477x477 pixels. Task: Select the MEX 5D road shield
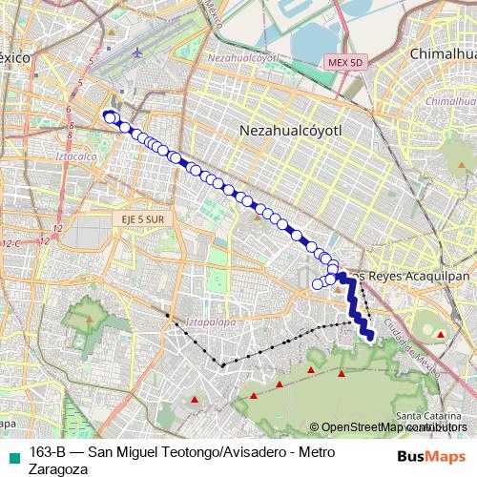(x=345, y=62)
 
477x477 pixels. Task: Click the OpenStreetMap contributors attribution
(x=391, y=427)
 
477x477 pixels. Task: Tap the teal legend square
(x=12, y=454)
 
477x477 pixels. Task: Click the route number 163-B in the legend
(x=47, y=453)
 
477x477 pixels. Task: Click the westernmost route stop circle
(x=108, y=117)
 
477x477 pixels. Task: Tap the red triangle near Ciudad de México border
(x=440, y=334)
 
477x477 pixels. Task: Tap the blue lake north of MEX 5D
(x=315, y=38)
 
